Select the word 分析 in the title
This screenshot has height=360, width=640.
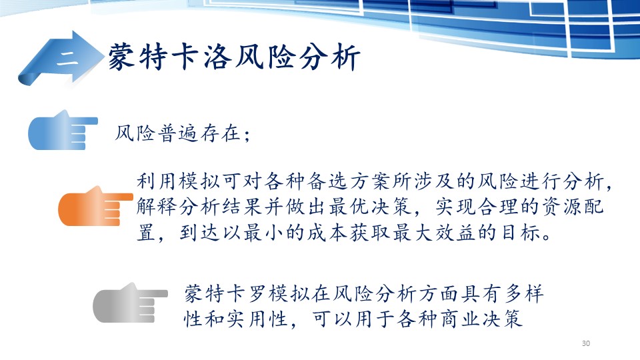coord(330,57)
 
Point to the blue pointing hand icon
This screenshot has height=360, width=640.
coord(63,130)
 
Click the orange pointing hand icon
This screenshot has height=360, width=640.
coord(95,206)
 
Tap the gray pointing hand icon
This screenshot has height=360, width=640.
coord(130,303)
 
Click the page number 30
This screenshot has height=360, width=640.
coord(586,343)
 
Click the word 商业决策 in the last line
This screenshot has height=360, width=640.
coord(481,319)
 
